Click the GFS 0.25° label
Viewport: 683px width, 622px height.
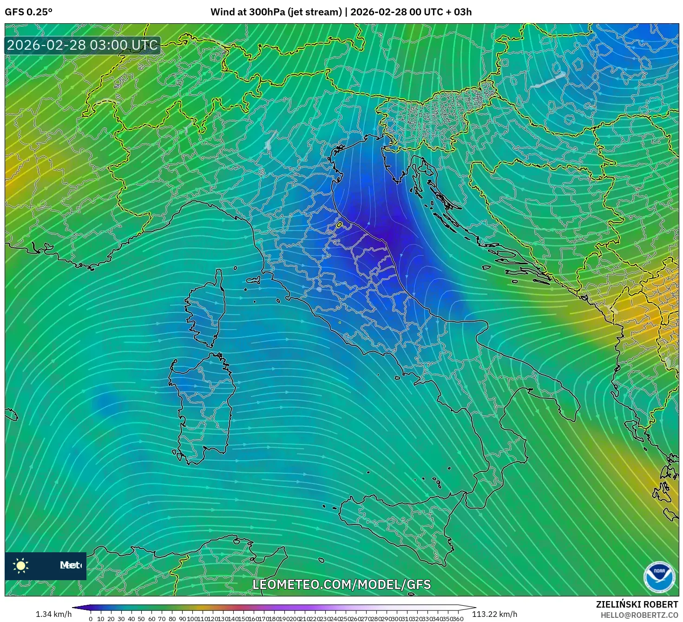point(28,12)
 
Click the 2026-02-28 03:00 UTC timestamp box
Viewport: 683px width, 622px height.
point(82,45)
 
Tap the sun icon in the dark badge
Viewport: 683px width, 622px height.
point(21,565)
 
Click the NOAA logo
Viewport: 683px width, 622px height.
point(659,577)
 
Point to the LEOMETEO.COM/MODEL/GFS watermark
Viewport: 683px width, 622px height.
point(341,584)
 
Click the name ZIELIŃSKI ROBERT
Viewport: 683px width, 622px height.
point(637,604)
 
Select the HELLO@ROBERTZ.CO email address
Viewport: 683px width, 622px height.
point(639,615)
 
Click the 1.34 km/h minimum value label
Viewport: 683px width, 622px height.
point(53,614)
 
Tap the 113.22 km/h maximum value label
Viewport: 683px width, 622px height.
point(494,614)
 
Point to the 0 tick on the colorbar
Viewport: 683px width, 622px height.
point(91,619)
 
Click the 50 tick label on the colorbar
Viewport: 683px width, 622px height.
point(141,619)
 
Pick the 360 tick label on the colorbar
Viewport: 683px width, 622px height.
point(458,619)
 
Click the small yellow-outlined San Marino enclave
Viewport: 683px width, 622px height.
point(339,225)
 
